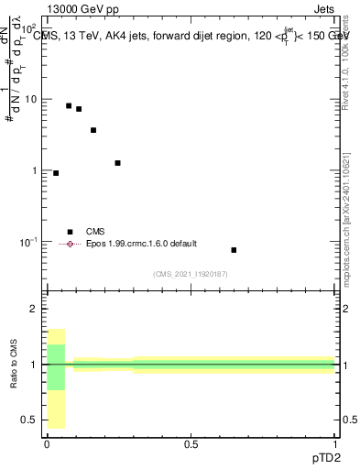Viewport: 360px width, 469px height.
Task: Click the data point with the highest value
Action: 69,106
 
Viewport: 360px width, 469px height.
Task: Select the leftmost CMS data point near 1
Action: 56,173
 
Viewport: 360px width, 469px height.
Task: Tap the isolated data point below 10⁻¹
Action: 234,250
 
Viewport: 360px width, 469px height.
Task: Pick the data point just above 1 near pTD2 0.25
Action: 118,163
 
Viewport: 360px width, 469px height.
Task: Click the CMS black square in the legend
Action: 70,232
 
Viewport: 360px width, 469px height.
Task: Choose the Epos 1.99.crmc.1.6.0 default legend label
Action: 141,244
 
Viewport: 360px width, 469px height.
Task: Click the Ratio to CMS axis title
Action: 14,365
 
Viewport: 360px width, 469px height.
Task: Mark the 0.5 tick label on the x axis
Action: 191,443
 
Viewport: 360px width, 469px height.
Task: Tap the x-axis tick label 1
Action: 335,443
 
